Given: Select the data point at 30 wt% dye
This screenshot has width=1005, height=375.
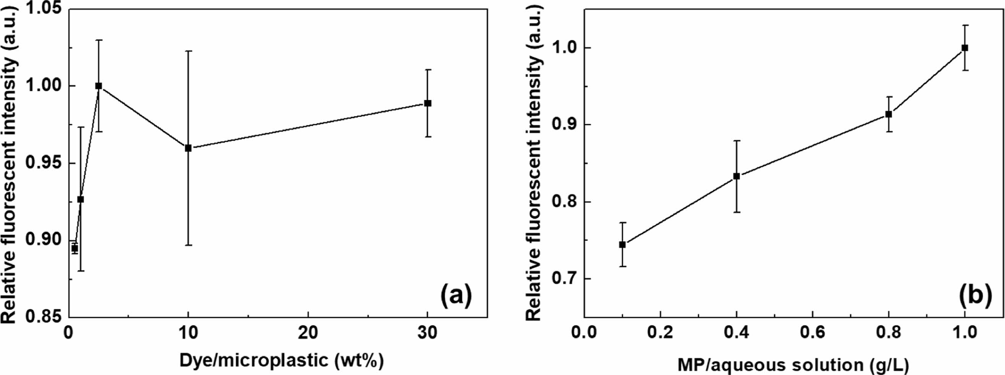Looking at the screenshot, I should click(x=428, y=103).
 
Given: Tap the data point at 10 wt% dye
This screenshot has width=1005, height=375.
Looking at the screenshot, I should click(x=188, y=148).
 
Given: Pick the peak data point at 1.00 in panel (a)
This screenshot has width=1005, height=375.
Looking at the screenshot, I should click(x=99, y=86).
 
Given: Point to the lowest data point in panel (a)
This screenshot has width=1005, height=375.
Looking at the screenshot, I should click(x=75, y=248).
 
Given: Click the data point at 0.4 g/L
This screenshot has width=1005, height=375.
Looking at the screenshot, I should click(x=737, y=176).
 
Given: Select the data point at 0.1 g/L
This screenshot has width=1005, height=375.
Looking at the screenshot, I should click(x=622, y=245).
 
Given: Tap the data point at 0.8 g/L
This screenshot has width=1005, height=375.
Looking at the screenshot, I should click(x=888, y=114).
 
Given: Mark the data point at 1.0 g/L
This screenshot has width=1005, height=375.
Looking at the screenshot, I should click(x=965, y=59).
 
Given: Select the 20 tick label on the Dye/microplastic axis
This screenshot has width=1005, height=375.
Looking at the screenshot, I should click(x=308, y=334).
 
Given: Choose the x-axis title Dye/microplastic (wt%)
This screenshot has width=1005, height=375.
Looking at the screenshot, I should click(x=281, y=360).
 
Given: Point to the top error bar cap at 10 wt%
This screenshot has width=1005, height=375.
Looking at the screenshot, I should click(x=188, y=51).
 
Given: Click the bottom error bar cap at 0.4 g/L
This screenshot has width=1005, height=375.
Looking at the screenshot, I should click(x=737, y=212).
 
